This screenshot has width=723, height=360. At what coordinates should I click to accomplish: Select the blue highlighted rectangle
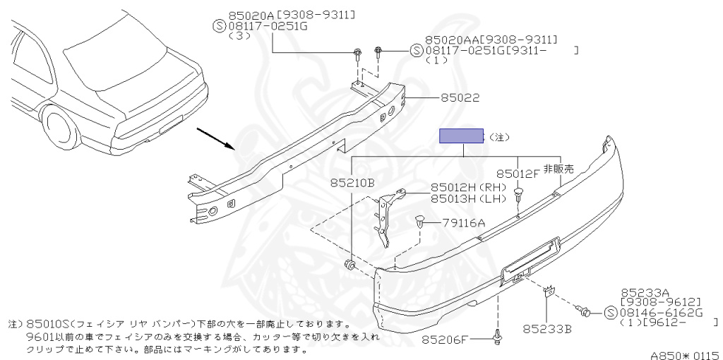pos(462,136)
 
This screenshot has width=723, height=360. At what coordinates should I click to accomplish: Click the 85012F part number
pos(518,174)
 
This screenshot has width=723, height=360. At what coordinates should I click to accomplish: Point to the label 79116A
pos(464,223)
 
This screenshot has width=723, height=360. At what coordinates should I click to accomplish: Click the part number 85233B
pos(547,328)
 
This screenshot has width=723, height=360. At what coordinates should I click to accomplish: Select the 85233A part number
pos(645,291)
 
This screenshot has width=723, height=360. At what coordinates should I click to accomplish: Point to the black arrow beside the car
pos(215,138)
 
